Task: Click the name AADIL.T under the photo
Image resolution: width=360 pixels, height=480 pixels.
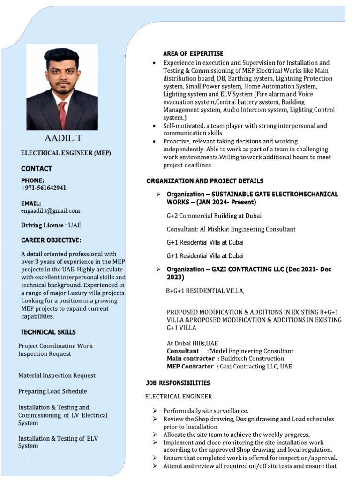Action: (62, 139)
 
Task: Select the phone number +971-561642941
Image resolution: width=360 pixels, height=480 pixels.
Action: (44, 187)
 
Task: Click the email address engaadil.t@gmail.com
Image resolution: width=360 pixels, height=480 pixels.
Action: (51, 211)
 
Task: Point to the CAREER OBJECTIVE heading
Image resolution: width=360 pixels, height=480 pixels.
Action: (51, 240)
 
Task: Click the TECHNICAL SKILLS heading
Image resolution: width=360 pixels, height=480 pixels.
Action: (48, 332)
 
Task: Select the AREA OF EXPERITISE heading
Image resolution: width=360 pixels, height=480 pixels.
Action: (193, 53)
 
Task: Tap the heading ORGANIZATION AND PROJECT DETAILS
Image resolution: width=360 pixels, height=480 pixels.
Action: (205, 181)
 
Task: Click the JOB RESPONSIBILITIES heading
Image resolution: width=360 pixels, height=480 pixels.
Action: (178, 383)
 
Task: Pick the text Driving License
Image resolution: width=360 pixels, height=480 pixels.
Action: (42, 225)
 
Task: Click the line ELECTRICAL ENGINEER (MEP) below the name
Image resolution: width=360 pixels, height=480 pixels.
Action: (66, 153)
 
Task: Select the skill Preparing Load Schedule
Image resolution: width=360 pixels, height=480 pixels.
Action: (52, 391)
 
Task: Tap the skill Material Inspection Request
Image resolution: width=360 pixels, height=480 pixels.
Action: (57, 375)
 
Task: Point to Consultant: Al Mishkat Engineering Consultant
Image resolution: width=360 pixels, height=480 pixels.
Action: (231, 229)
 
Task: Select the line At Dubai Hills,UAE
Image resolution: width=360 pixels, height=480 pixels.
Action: (192, 343)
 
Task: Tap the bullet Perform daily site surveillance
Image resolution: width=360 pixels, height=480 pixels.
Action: (206, 411)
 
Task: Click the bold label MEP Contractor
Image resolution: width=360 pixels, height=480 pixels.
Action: (190, 367)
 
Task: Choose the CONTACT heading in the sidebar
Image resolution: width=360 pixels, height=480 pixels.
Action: (37, 168)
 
